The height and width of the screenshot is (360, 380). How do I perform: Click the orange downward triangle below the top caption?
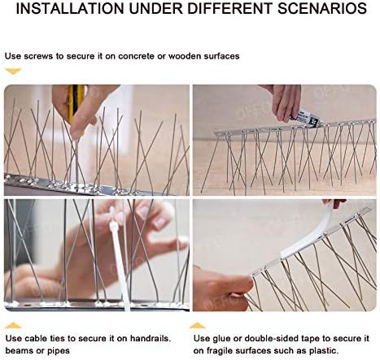(x=12, y=72)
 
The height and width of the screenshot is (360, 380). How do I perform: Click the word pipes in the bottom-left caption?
(x=64, y=349)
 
